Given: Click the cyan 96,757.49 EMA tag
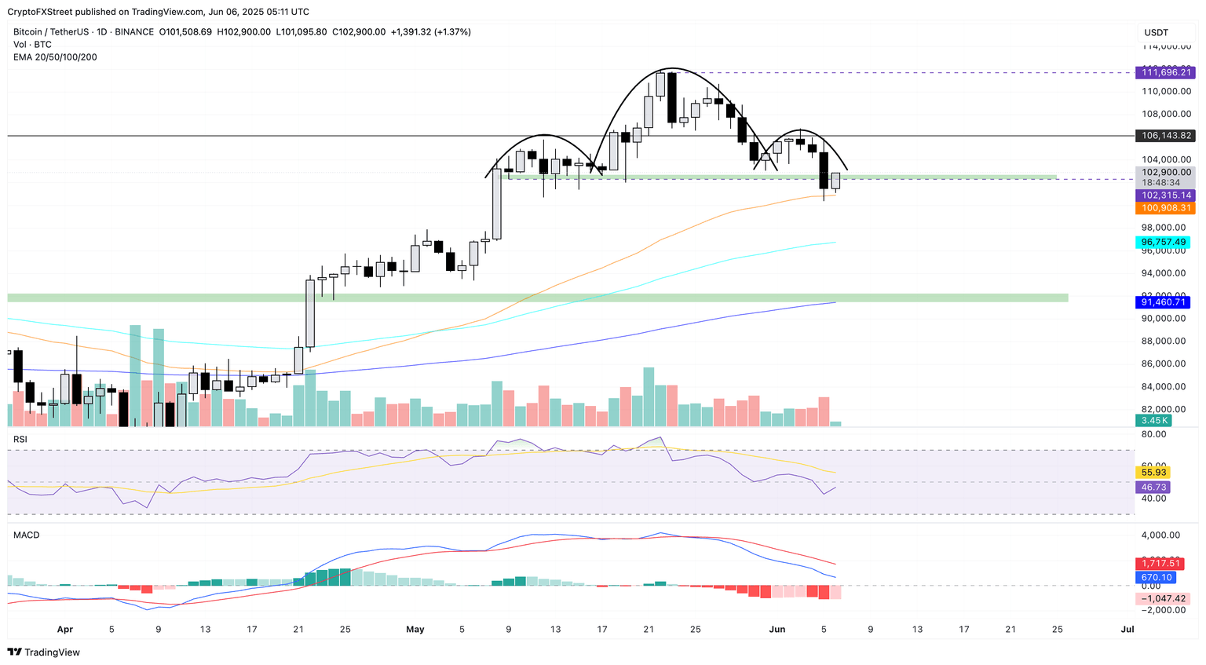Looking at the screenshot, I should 1163,243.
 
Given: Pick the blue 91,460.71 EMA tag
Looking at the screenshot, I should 1163,302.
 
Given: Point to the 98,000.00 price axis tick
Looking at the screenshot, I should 1163,228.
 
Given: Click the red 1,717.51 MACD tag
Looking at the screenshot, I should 1161,563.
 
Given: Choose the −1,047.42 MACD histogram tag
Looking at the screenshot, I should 1163,598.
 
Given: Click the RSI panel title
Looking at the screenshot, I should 20,440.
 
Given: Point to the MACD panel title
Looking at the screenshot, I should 26,535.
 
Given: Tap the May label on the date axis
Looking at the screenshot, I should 415,630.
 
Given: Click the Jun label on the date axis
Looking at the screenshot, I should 777,630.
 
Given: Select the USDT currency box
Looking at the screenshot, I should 1157,33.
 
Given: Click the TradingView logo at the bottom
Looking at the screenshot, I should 44,652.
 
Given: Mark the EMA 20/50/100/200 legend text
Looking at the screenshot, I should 55,57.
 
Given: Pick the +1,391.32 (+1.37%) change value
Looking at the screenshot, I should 430,32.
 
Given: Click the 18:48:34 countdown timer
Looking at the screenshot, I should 1160,183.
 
